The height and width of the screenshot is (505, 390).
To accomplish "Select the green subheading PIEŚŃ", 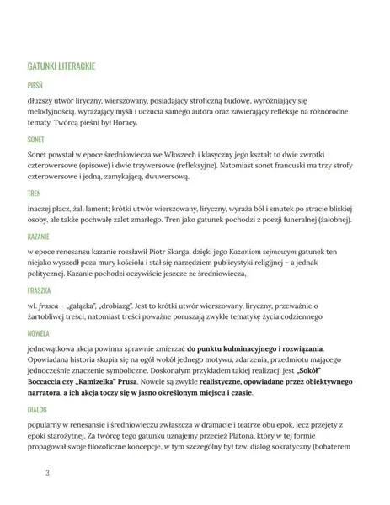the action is coord(36,84).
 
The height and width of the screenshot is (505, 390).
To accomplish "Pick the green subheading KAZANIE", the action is coord(41,237).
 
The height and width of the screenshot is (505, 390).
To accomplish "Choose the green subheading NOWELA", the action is coord(40,333).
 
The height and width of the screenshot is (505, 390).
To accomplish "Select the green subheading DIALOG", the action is coord(39,410).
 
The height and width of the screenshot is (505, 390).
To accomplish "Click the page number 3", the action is coord(36,473).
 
